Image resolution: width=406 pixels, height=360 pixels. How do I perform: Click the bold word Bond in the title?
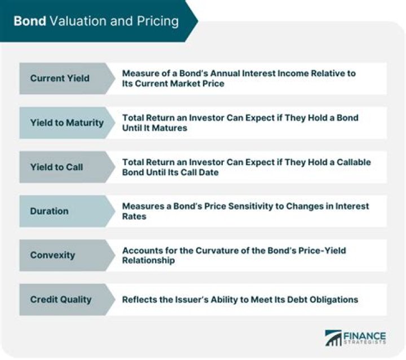(30, 21)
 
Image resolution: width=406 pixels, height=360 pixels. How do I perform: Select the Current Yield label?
(60, 78)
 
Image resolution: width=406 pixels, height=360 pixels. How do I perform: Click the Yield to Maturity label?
(67, 122)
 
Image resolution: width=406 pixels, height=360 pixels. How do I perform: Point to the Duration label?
(49, 211)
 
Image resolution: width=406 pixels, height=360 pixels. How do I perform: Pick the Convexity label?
(52, 255)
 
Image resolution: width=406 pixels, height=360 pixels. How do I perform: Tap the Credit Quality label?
(60, 299)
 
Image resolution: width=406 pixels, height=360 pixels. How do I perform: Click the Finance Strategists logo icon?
(333, 338)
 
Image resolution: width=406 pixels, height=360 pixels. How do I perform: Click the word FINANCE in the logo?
(365, 334)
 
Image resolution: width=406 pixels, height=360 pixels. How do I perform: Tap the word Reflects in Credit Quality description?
(139, 299)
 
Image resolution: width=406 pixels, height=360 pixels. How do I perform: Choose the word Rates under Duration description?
(134, 216)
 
